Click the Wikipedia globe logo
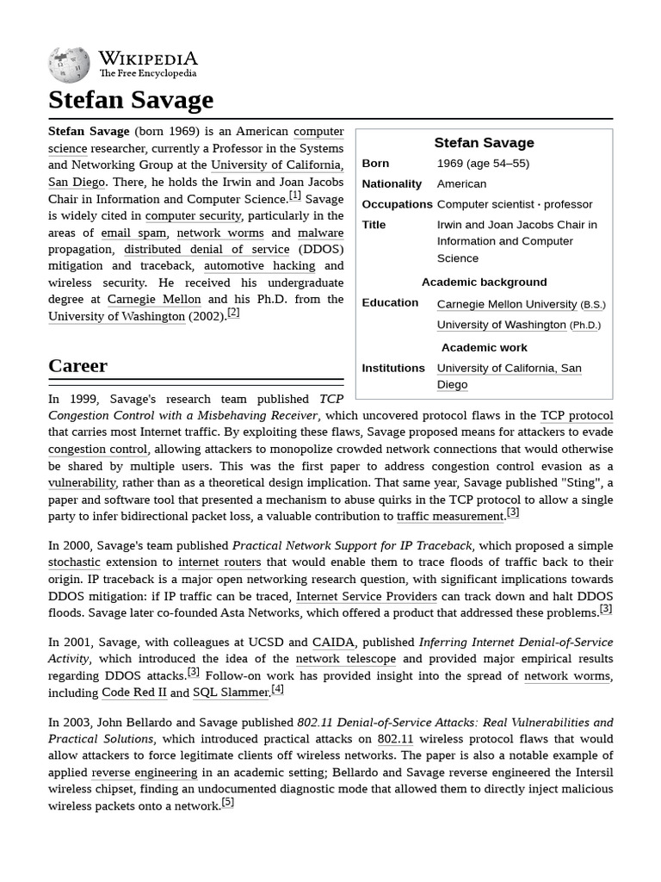pos(69,63)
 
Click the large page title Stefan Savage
pos(131,100)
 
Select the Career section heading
pos(78,365)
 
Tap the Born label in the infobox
pos(375,164)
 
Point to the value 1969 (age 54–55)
pos(483,164)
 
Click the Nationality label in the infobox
pos(392,184)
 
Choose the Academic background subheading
pos(484,283)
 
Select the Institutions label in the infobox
pos(393,368)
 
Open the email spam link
pos(133,233)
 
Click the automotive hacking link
pos(259,266)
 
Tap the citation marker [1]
pos(295,196)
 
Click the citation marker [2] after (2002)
pos(233,313)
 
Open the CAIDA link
pos(333,643)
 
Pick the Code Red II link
pos(133,693)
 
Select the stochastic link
pos(74,562)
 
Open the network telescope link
pos(345,659)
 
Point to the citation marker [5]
pos(228,803)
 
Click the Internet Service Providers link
pos(367,596)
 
